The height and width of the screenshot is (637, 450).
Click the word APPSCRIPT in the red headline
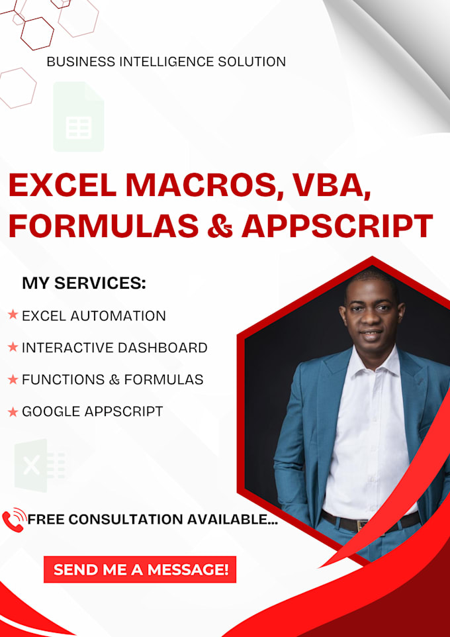click(337, 225)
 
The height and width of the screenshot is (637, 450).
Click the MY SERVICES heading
click(83, 283)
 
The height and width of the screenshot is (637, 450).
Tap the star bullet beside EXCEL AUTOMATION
click(13, 315)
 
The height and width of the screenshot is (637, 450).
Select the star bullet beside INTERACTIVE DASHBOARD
click(13, 347)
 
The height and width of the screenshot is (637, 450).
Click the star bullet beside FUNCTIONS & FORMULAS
click(13, 379)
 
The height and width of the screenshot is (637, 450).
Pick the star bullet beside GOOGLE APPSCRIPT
click(13, 412)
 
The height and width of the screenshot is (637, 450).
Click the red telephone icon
click(13, 520)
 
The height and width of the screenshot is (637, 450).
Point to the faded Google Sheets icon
click(78, 117)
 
